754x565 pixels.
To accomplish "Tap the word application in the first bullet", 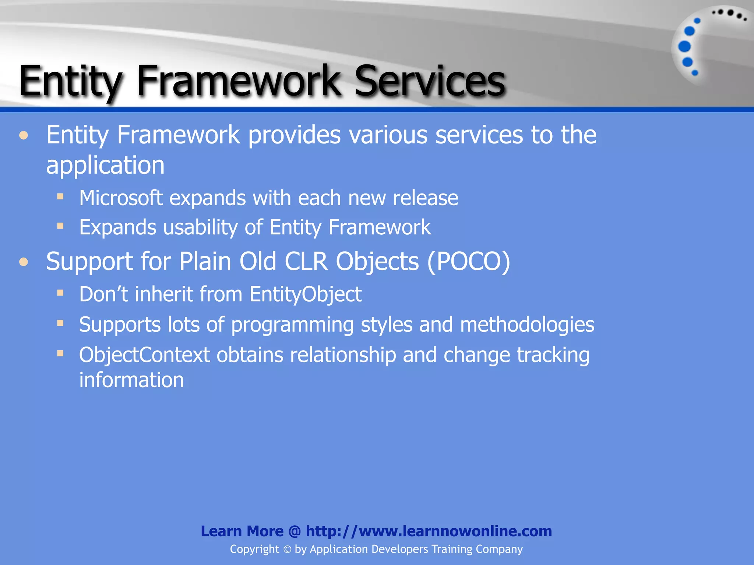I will click(x=105, y=166).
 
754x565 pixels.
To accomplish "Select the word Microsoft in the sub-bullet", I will click(x=121, y=198).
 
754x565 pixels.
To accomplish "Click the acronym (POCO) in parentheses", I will click(x=468, y=262).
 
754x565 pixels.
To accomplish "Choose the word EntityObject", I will click(x=305, y=295).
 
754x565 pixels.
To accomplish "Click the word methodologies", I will click(x=527, y=325).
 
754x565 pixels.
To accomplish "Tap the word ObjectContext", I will click(x=144, y=355).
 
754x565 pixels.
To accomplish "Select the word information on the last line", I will click(x=131, y=380).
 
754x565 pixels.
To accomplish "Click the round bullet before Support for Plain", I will click(x=24, y=262).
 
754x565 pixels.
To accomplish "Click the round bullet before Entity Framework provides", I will click(x=24, y=136).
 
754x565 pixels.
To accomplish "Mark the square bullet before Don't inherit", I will click(x=60, y=293).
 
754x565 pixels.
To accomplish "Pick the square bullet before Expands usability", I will click(x=60, y=225).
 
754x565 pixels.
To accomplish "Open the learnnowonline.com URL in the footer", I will click(x=429, y=531).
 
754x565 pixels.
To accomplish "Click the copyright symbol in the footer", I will click(x=287, y=550).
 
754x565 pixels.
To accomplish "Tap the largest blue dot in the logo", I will click(x=684, y=47).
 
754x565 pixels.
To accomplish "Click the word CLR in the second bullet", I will click(x=306, y=262).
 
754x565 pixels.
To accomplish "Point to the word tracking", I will click(x=553, y=355).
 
